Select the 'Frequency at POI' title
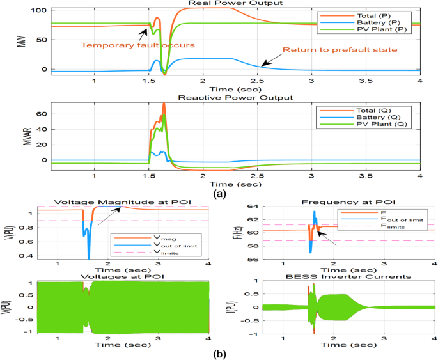pos(349,201)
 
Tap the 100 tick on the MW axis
pos(41,11)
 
